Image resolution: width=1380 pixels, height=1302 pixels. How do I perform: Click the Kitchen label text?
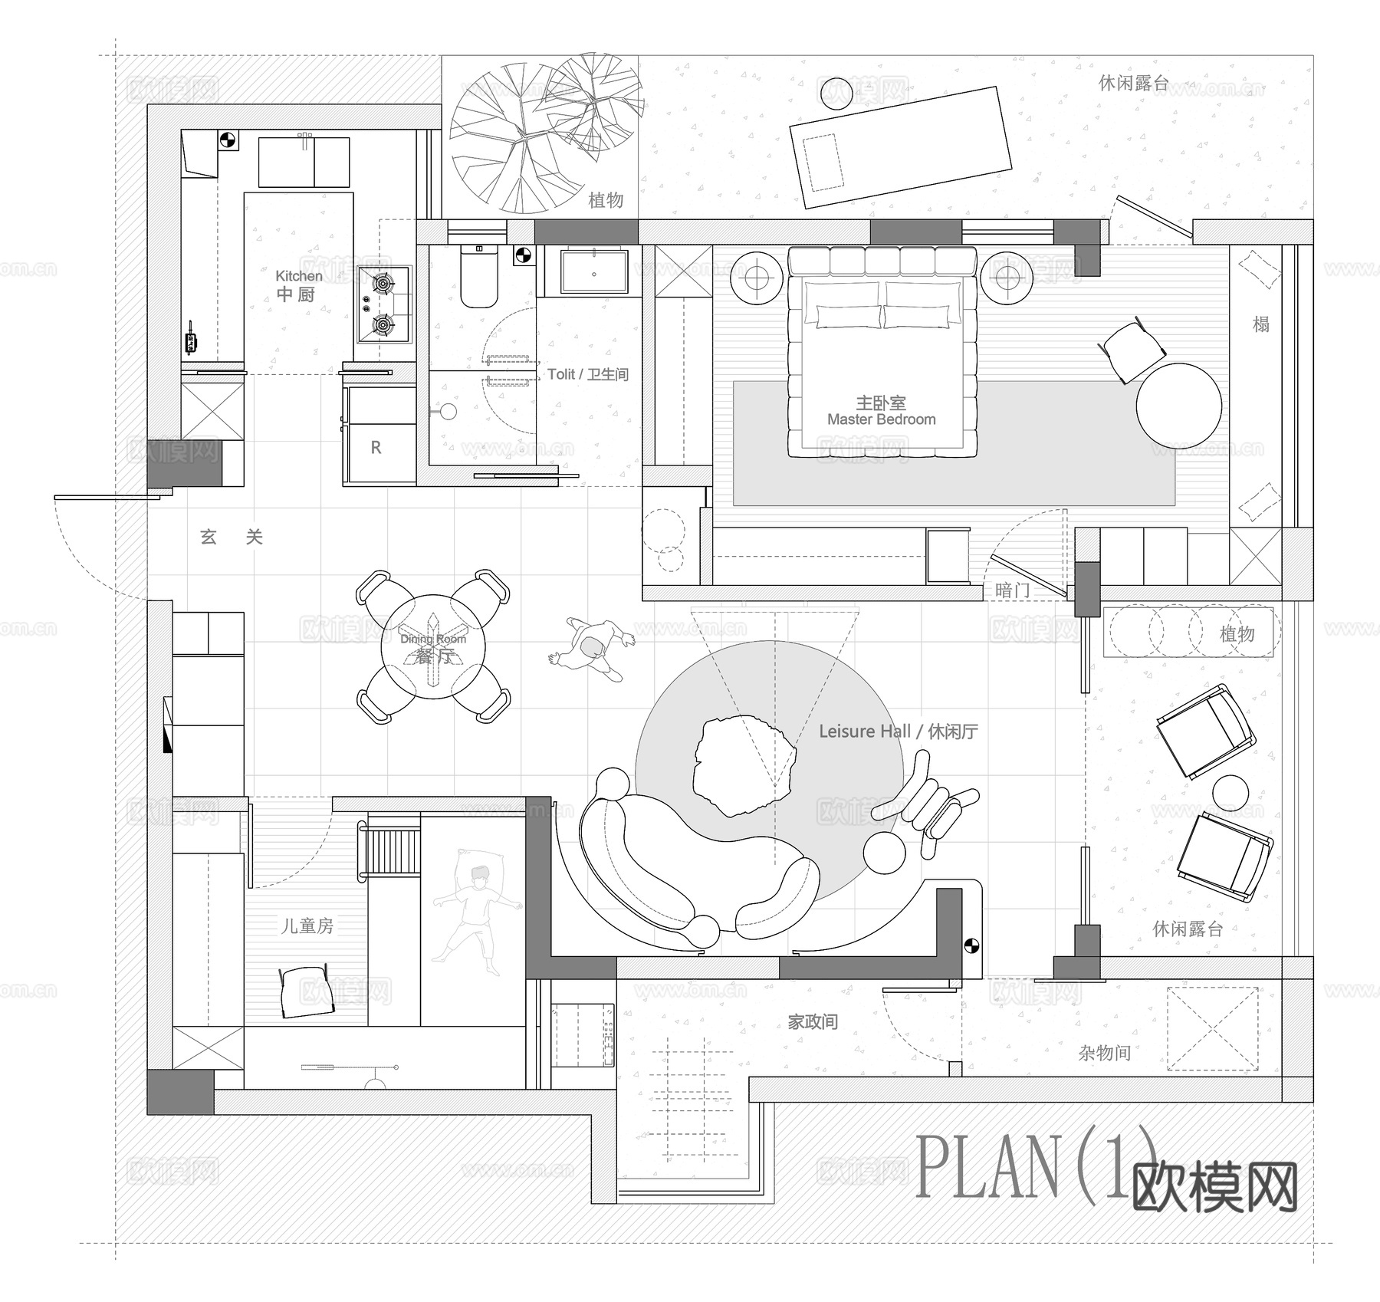coord(299,276)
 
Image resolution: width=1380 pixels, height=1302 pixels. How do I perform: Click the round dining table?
coord(433,646)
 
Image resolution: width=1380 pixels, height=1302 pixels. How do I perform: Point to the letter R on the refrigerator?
coord(376,448)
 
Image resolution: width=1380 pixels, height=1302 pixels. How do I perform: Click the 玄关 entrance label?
coord(231,537)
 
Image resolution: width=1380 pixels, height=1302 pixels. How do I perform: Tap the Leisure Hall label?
coord(898,732)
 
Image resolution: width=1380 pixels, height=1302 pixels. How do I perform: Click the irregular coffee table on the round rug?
coord(742,765)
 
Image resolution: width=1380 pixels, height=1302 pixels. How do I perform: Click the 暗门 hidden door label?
coord(1012,590)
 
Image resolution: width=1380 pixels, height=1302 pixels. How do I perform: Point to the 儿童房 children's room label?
coord(307,926)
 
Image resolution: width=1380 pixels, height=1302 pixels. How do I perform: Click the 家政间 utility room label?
coord(813,1022)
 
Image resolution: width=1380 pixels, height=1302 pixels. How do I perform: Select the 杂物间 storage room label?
coord(1104,1053)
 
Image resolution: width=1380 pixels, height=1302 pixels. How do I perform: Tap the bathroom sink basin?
coord(594,271)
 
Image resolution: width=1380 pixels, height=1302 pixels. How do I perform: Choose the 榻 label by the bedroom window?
coord(1260,324)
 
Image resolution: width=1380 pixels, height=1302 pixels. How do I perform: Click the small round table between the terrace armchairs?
coord(1230,792)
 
